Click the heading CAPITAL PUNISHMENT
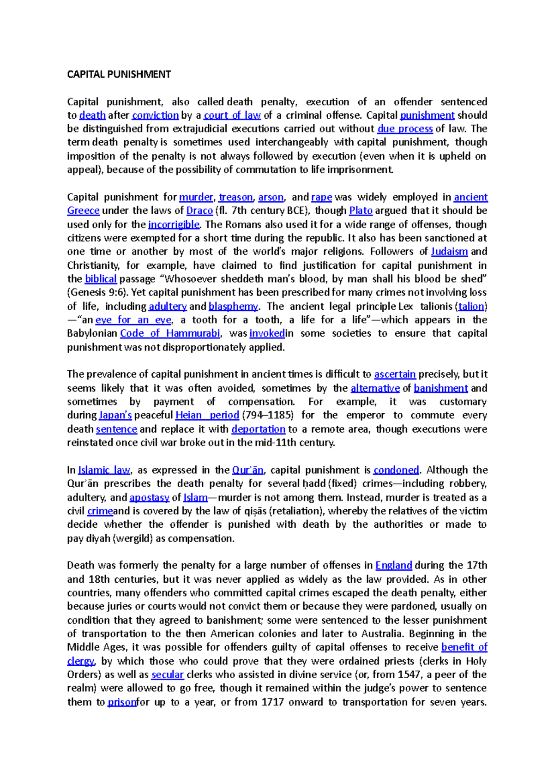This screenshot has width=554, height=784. (x=119, y=74)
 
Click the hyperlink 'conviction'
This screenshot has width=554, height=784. (x=155, y=115)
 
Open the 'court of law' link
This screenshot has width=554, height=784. (x=232, y=115)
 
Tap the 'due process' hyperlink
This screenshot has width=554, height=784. (x=405, y=128)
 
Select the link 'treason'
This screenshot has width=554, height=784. (x=235, y=197)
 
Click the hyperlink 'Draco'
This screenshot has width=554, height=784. (x=199, y=211)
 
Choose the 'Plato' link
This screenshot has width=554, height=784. (x=361, y=211)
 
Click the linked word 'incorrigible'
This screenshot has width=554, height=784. (x=174, y=224)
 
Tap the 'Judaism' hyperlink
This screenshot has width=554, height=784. (x=449, y=252)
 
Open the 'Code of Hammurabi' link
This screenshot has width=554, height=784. (x=170, y=333)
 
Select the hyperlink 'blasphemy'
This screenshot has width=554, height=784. (x=233, y=306)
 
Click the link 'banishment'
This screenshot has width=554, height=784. (x=441, y=388)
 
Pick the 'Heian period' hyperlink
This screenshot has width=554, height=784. (x=207, y=415)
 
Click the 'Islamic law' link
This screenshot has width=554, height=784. (x=104, y=470)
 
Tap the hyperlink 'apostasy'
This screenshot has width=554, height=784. (x=150, y=497)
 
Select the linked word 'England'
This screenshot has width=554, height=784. (x=393, y=565)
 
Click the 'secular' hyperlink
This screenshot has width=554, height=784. (x=168, y=675)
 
